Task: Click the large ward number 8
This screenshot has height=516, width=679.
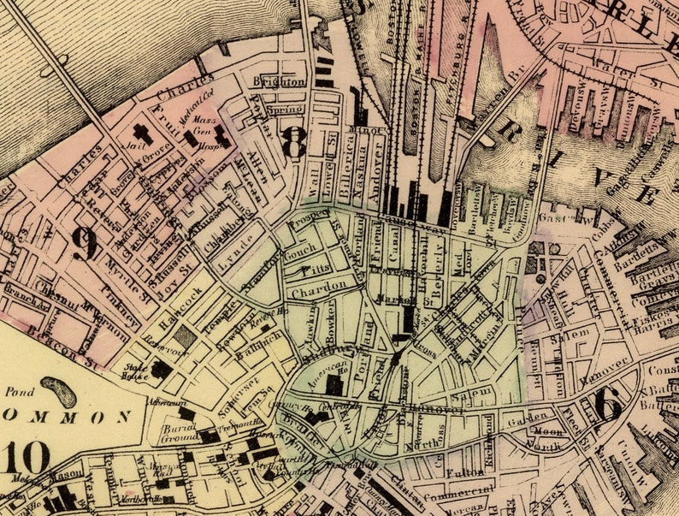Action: (293, 142)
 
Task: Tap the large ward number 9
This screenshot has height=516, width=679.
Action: (84, 244)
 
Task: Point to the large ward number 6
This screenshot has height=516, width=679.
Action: (608, 404)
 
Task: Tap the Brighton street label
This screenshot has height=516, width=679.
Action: (279, 81)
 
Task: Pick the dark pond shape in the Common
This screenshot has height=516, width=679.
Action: (58, 391)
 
